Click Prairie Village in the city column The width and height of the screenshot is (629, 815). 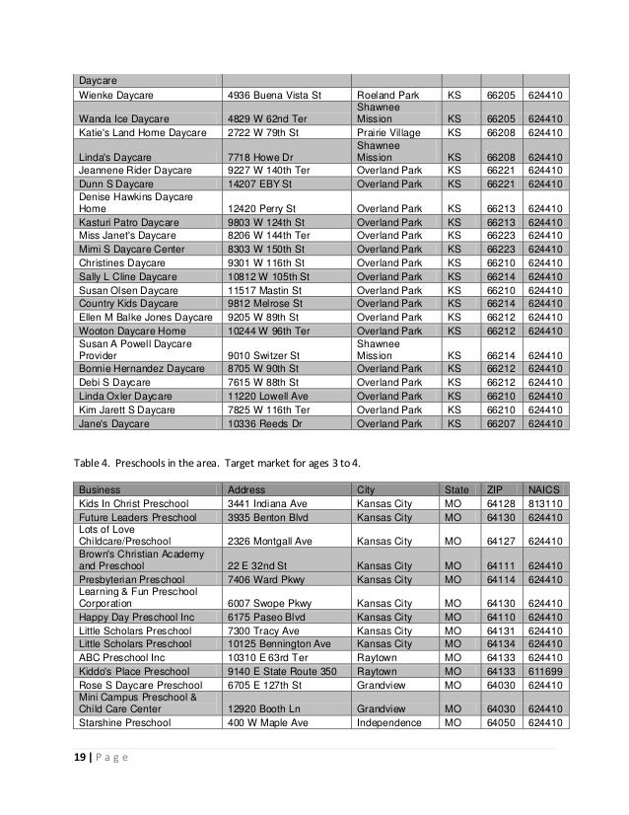click(x=390, y=129)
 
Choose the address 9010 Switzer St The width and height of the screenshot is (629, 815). click(x=262, y=355)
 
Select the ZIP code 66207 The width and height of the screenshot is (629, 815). click(x=503, y=424)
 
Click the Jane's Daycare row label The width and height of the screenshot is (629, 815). click(x=113, y=424)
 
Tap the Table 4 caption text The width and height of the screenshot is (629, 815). click(x=223, y=461)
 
